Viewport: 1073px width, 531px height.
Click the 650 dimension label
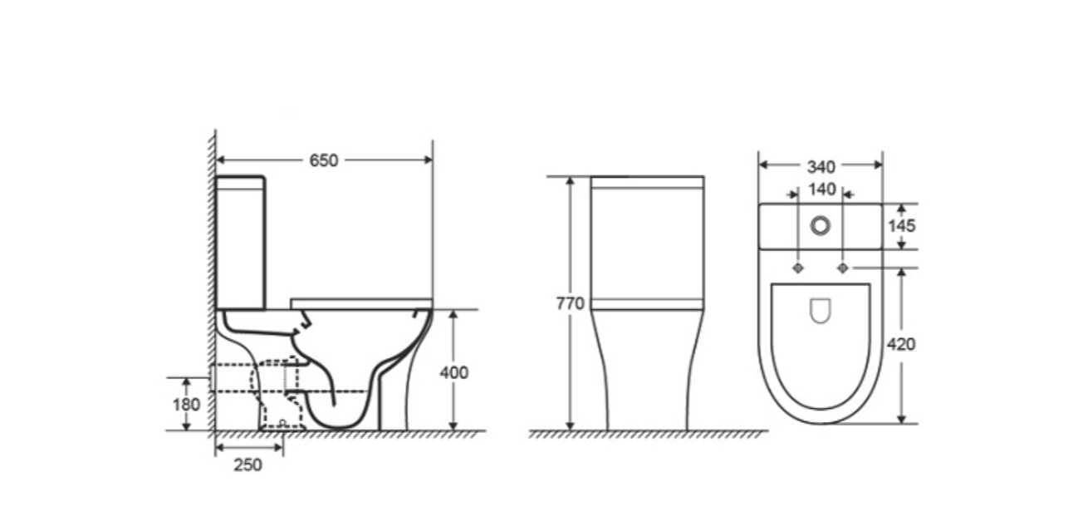coord(324,160)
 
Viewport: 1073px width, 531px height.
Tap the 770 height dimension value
coord(570,303)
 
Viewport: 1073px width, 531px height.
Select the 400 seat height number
coord(453,372)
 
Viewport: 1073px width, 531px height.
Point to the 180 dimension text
coord(186,405)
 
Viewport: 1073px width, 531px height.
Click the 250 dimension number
coord(247,465)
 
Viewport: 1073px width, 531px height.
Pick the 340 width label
coord(821,167)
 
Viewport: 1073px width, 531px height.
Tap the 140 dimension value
coord(822,189)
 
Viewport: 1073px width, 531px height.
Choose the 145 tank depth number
coord(902,226)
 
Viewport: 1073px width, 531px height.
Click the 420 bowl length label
coord(901,344)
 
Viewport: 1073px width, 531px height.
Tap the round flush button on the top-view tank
coord(820,225)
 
